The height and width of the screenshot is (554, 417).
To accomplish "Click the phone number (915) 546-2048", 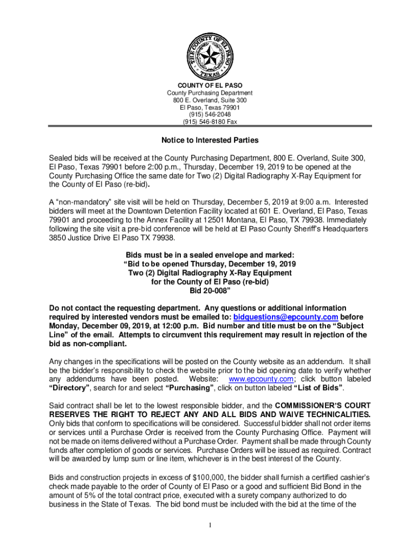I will [210, 115].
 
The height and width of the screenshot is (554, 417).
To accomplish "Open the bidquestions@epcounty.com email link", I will [285, 316].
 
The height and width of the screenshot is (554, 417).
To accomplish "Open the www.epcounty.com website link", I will [257, 379].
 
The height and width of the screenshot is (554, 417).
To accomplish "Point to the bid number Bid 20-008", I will [210, 291].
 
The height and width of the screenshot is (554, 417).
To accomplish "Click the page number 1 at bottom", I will [209, 525].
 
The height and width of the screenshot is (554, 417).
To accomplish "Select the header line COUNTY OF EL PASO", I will [210, 85].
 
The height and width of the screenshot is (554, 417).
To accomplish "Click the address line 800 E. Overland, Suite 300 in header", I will [210, 100].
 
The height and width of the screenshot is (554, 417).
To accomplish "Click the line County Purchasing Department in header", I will [210, 93].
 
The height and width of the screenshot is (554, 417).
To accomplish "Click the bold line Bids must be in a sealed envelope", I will [210, 255].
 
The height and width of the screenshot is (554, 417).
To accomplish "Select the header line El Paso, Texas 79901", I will [210, 108].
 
